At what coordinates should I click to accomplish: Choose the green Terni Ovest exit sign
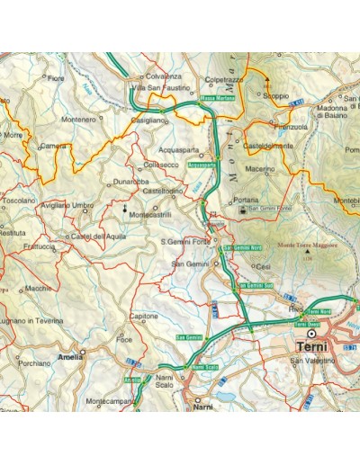308,324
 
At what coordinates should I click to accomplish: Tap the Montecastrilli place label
149,215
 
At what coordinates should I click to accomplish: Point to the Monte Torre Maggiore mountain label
307,245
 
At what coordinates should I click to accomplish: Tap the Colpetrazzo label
224,80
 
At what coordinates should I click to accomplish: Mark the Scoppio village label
276,94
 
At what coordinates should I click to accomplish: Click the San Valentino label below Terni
310,362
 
